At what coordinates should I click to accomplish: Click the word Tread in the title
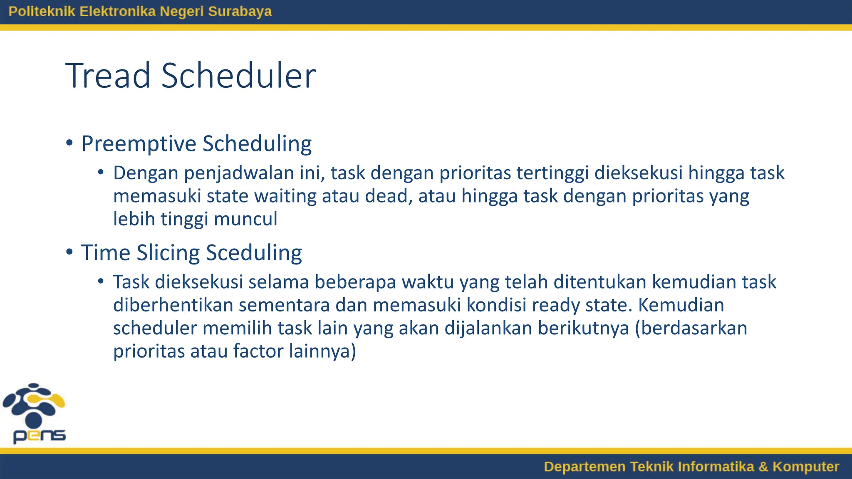pos(108,76)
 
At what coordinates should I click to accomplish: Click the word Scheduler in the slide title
pos(238,76)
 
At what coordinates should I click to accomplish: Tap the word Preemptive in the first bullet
pos(139,144)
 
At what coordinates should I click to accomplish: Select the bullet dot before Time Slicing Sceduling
pos(69,252)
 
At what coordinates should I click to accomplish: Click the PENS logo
pos(35,413)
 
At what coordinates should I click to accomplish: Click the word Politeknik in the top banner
pos(42,11)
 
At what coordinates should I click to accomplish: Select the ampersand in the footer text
pos(763,467)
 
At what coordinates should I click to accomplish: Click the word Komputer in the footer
pos(805,467)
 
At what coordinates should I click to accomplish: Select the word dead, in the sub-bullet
pos(389,196)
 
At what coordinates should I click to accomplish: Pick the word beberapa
pos(355,282)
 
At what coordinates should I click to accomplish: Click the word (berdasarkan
pos(691,328)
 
